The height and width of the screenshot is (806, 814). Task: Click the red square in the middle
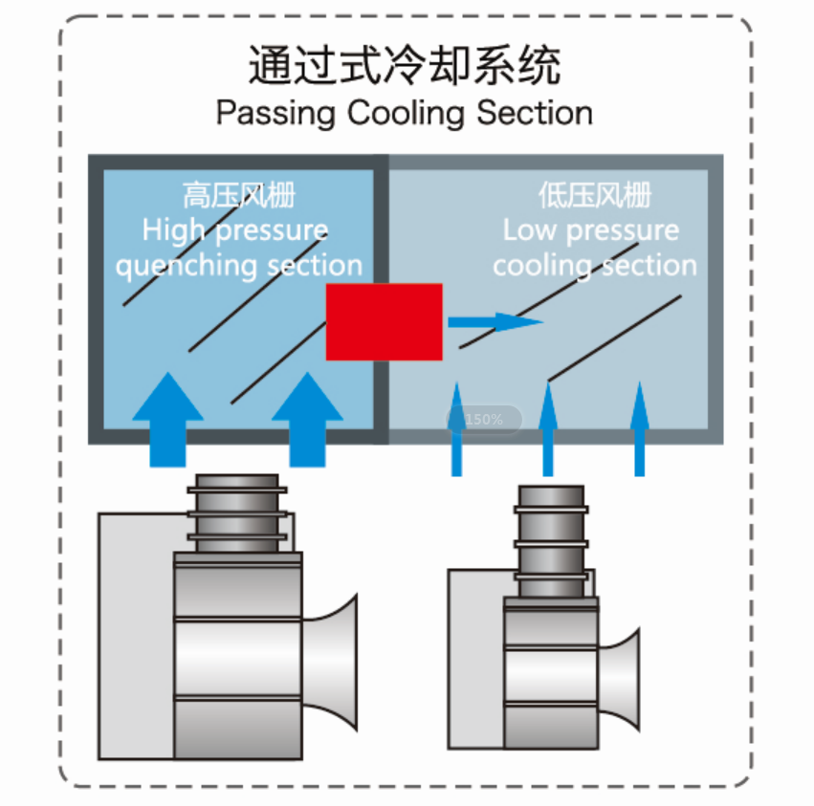384,321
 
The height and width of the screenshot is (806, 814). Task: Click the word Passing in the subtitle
275,112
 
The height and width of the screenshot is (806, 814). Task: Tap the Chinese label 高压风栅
239,197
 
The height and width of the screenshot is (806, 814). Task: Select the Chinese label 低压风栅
594,197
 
